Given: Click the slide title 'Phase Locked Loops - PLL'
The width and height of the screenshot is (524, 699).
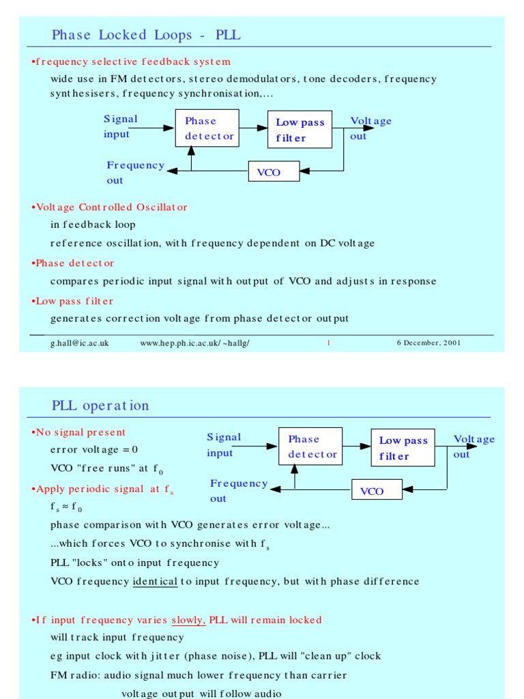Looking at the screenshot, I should tap(146, 35).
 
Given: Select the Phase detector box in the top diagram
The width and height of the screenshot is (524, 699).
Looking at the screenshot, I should tap(209, 129).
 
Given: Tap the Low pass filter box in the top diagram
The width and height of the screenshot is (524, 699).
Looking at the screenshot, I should tap(300, 130).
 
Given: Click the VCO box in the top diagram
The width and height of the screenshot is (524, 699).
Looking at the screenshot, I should tap(274, 172).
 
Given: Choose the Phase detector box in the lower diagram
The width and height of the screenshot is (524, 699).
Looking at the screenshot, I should tap(310, 446).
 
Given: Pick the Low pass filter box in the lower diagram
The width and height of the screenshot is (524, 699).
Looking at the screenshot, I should tap(403, 448).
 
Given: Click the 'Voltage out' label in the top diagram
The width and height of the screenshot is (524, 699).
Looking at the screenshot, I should tap(370, 128).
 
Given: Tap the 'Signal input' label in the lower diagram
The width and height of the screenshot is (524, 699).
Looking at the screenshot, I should tap(224, 444).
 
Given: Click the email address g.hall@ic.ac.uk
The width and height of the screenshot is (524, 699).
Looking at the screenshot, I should tap(79, 343).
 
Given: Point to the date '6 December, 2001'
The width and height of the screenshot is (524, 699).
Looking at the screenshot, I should tap(428, 343).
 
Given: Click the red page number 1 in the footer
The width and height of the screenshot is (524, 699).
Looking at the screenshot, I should tap(328, 343).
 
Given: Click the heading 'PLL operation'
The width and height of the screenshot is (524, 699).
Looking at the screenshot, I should tap(100, 405).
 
